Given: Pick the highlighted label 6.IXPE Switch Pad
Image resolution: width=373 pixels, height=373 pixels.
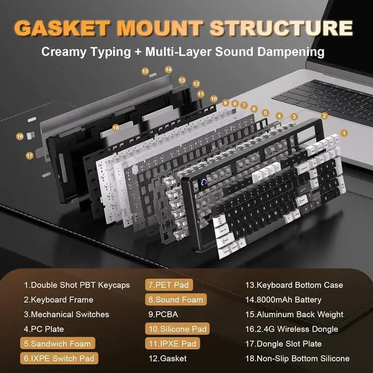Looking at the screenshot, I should [x=59, y=358].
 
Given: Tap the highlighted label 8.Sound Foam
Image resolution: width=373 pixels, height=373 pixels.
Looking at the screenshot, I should [x=175, y=300].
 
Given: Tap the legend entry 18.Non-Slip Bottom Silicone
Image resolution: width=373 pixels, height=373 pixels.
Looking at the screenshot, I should [x=298, y=358].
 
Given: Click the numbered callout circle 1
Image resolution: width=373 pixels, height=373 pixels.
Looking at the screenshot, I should [x=344, y=133].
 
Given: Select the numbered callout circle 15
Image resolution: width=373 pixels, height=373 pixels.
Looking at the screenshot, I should [x=145, y=71].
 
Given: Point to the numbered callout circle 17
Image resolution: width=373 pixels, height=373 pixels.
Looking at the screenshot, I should [x=29, y=156].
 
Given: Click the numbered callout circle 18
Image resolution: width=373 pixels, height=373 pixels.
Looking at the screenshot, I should [x=115, y=127].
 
